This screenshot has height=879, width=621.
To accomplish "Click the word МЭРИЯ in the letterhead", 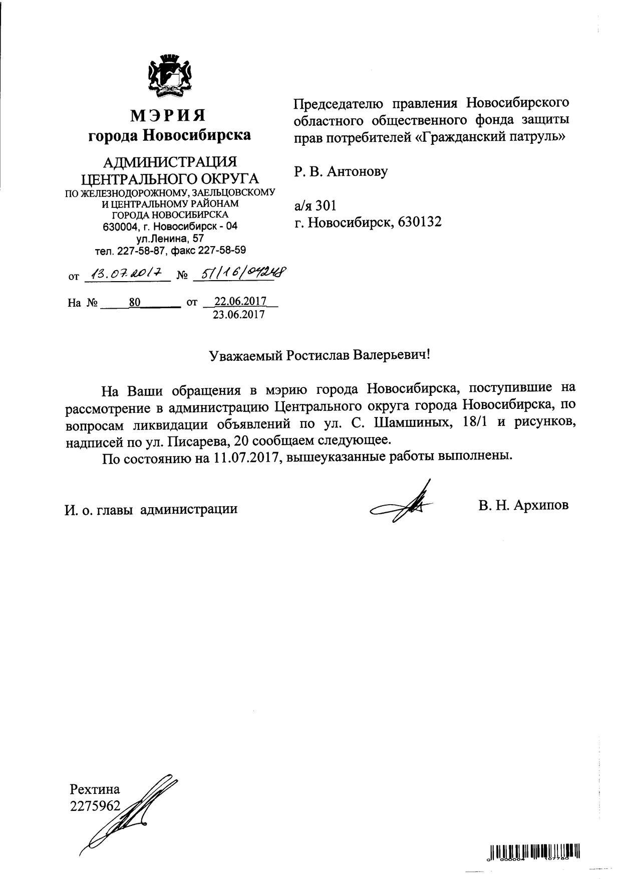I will tap(168, 115).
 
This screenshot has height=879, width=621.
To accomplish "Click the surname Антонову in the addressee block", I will tap(358, 172).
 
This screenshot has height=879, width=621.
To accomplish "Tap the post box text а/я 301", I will tap(315, 205).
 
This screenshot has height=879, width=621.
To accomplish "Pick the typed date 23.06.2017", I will tap(239, 315).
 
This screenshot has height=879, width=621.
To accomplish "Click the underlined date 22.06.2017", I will tap(240, 302).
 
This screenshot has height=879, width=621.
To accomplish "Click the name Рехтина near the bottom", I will tap(95, 790).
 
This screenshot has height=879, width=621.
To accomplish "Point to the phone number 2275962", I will tap(95, 806).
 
